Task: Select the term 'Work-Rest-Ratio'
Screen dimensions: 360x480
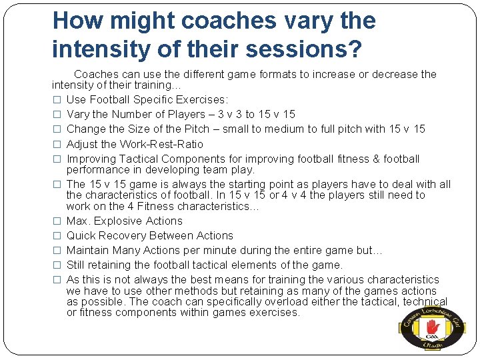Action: (x=161, y=144)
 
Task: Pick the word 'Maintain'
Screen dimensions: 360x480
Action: (x=89, y=250)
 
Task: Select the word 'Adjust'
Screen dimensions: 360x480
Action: (x=82, y=144)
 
